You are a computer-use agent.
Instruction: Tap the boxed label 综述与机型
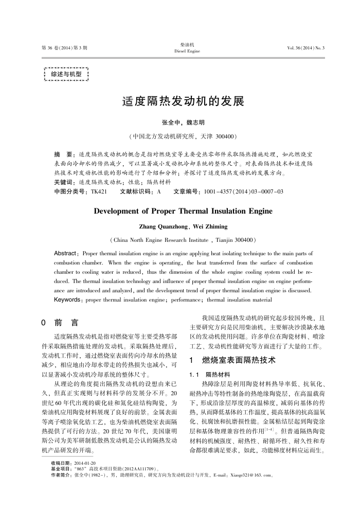pyautogui.click(x=66, y=74)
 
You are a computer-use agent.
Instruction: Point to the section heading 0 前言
pyautogui.click(x=60, y=323)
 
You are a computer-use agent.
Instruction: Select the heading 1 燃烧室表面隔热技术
pyautogui.click(x=232, y=360)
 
